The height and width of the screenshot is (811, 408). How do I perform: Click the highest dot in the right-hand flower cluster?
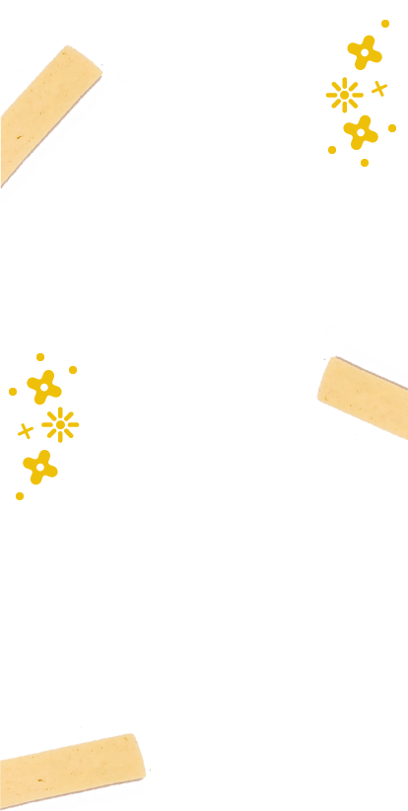(384, 23)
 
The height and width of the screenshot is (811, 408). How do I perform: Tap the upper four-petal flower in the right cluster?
(365, 52)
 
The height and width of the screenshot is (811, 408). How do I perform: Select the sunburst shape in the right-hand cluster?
(344, 95)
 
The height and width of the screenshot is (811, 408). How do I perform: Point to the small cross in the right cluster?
(379, 89)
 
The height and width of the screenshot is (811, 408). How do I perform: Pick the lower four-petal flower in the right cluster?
(361, 131)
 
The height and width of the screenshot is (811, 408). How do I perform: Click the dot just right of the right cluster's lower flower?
(391, 127)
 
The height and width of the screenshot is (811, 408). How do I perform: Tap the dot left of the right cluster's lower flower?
(332, 150)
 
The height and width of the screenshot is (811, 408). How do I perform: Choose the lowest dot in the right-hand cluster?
(364, 163)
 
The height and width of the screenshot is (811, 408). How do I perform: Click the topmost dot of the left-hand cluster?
(40, 357)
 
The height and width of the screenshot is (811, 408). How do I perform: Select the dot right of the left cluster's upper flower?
(73, 370)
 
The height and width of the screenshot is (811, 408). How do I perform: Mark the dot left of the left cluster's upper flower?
(13, 392)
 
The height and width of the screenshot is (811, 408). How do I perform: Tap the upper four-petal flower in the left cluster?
(43, 387)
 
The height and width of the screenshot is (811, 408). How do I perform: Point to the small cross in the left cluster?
(26, 431)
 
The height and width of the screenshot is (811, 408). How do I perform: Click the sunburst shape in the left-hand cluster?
(60, 424)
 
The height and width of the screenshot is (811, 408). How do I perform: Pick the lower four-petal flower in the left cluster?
(39, 467)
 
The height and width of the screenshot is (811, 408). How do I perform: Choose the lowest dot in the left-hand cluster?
(20, 496)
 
